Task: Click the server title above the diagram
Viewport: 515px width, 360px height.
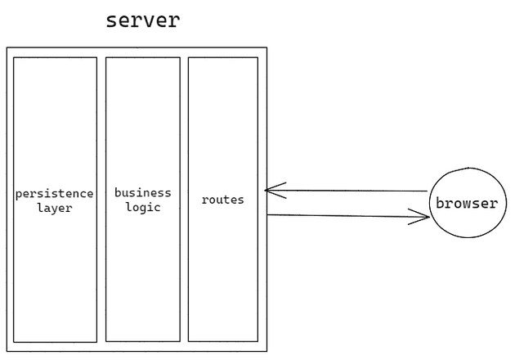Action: point(142,20)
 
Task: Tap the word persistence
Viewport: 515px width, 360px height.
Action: point(54,194)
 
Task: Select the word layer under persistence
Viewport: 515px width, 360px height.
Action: point(54,208)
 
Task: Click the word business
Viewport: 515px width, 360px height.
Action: point(142,193)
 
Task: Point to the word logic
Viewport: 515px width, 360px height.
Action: point(143,207)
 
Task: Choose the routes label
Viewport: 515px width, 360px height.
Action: point(222,200)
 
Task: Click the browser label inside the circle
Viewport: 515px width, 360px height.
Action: point(466,204)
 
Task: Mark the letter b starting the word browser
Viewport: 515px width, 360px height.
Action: point(440,204)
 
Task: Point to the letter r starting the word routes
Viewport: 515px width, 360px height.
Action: point(204,200)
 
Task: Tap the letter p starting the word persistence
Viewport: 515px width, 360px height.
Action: point(19,195)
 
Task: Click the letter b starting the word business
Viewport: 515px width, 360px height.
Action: point(118,193)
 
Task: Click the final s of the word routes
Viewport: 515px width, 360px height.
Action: point(240,200)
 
